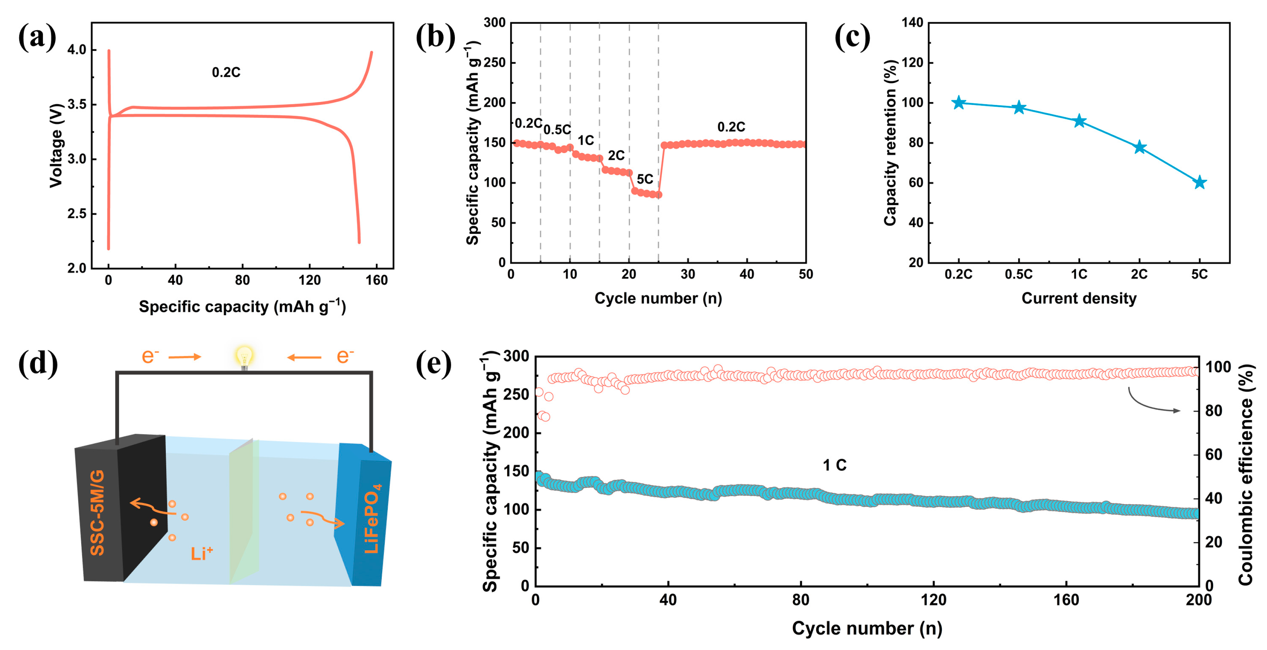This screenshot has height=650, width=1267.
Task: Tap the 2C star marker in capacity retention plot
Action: pos(1140,148)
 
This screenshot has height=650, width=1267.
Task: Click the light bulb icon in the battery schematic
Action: pos(244,357)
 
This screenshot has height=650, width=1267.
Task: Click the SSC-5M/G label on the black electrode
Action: pos(97,512)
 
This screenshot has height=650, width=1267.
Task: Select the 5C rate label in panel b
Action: pos(645,179)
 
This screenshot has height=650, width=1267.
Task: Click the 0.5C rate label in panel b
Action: pos(557,130)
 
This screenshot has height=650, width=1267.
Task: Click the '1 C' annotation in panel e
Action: pos(835,465)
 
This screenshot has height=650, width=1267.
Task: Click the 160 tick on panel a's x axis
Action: pos(376,280)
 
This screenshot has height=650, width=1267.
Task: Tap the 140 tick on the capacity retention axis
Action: pos(912,23)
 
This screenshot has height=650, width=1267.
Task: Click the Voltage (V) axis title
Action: pos(56,146)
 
